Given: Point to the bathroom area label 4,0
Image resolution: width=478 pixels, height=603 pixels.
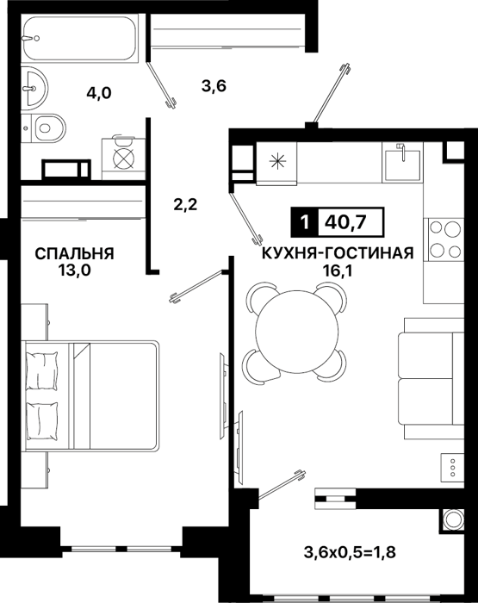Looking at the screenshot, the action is point(99,93).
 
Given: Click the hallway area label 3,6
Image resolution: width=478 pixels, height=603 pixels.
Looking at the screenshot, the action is point(214,85).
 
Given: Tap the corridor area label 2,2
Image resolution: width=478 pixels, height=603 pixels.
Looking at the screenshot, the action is point(185,204).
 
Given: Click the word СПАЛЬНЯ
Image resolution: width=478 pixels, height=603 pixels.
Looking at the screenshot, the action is point(75,254).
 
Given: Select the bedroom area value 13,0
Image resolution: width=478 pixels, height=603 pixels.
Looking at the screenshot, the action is point(75,270).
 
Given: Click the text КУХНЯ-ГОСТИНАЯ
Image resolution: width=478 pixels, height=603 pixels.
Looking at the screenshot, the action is point(338,253).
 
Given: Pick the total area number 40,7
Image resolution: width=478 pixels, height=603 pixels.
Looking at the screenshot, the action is point(345,222).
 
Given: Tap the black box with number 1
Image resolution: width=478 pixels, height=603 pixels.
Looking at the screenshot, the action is point(306,222).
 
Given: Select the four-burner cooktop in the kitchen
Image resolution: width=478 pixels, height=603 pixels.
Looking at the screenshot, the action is point(444,239).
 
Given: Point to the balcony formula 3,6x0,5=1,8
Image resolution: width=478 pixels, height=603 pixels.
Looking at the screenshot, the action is point(350,553).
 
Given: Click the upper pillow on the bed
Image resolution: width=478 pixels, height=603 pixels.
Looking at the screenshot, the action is point(41,370).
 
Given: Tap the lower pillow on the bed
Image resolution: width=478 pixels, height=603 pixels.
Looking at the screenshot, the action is point(41,420).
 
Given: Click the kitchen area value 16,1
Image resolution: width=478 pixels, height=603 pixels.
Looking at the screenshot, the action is point(338,271).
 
